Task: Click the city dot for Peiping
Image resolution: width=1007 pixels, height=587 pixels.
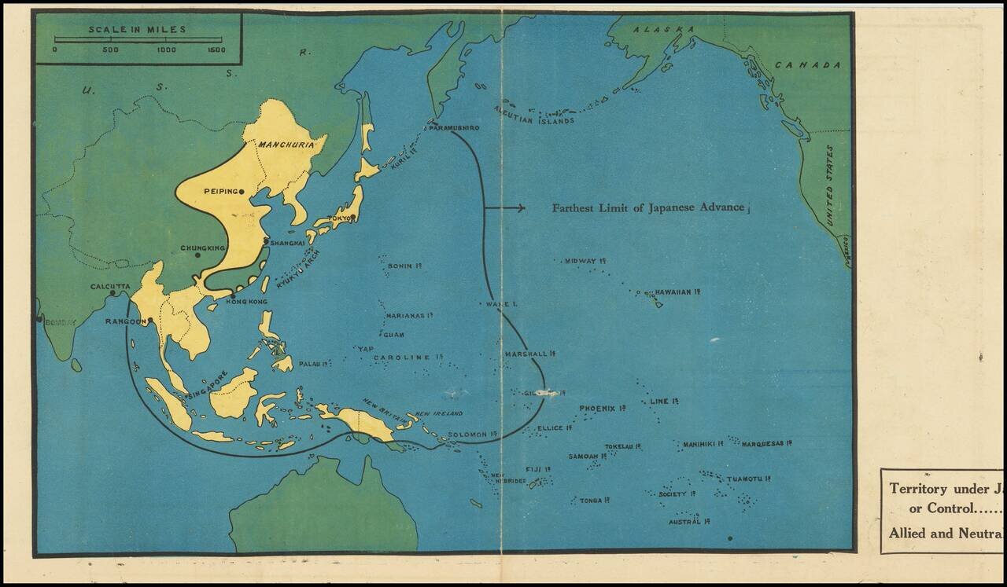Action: (x=242, y=192)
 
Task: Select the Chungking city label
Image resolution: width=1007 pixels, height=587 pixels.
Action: (x=203, y=248)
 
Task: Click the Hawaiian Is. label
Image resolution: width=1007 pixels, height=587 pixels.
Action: (x=677, y=292)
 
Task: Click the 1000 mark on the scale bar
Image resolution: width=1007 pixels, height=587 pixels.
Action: (x=166, y=50)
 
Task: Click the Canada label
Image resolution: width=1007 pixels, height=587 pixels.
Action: (x=807, y=64)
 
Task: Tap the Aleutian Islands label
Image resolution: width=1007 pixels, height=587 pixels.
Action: (x=533, y=115)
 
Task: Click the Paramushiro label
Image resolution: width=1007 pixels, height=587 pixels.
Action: (x=454, y=127)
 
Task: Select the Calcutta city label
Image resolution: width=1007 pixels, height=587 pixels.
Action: (x=110, y=286)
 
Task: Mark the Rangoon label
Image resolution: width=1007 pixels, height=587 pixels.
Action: (x=125, y=321)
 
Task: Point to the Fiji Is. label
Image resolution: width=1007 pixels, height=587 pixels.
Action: (x=537, y=469)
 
